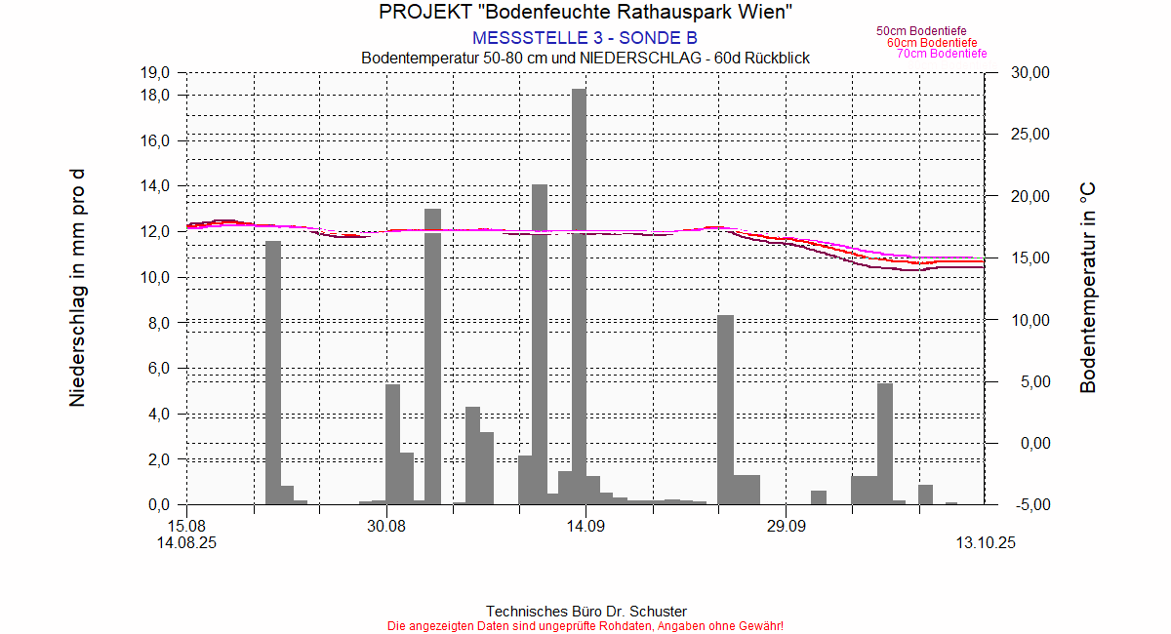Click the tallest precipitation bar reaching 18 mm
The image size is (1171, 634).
pos(579,293)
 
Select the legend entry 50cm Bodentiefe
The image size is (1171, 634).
pos(921,31)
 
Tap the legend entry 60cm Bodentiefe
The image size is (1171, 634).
pos(932,43)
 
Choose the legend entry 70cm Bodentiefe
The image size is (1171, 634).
pos(942,54)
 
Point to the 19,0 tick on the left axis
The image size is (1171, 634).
pos(156,73)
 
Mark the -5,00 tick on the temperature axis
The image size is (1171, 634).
pos(1030,505)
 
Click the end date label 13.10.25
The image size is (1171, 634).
pos(985,543)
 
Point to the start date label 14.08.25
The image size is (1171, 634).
pos(186,543)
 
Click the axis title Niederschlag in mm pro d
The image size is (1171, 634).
pos(77,288)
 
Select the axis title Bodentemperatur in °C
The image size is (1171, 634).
pos(1088,288)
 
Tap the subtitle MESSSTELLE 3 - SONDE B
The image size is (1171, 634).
pos(585,38)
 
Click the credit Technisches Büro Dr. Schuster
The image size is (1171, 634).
pos(585,612)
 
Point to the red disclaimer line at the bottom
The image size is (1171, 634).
pos(585,625)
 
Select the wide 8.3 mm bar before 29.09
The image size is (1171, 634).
pos(725,410)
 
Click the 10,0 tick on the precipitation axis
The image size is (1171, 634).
pos(156,278)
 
